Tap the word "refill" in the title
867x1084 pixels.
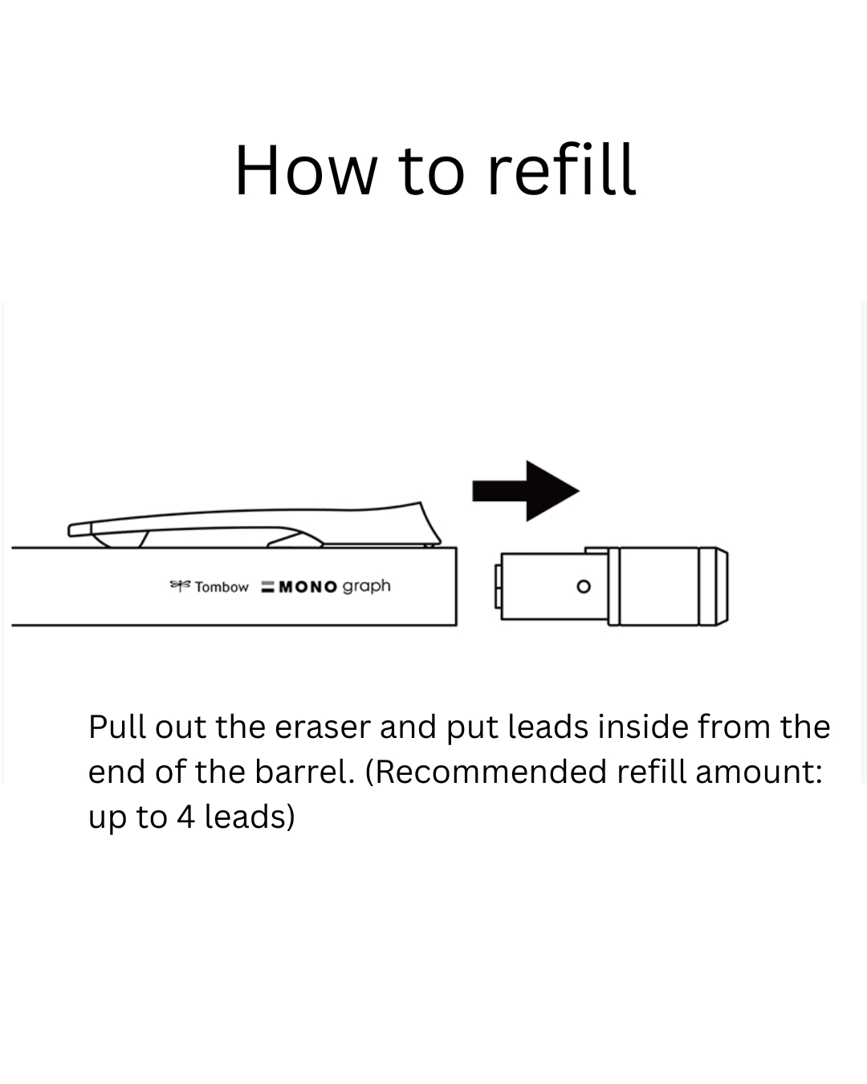click(x=562, y=169)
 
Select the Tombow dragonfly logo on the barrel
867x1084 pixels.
click(x=180, y=585)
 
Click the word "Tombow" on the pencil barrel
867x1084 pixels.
click(x=222, y=587)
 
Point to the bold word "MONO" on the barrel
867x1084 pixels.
click(x=307, y=587)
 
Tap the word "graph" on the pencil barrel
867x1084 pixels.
click(x=366, y=587)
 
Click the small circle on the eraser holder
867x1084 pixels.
click(x=584, y=586)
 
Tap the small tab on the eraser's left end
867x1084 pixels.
click(x=498, y=586)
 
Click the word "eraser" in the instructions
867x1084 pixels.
click(x=323, y=727)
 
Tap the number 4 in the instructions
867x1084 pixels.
click(x=185, y=817)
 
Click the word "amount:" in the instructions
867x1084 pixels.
click(x=759, y=772)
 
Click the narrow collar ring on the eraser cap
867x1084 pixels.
click(x=613, y=586)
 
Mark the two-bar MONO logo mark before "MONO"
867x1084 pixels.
click(x=267, y=587)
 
